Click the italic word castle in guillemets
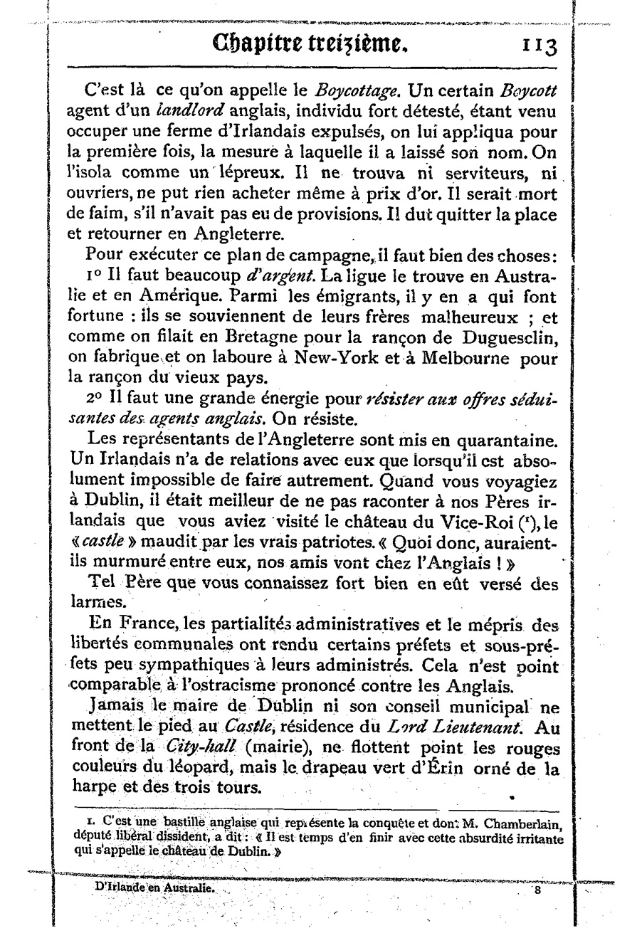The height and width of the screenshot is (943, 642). pos(118,542)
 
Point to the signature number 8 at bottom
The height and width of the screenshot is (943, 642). pos(539,889)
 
